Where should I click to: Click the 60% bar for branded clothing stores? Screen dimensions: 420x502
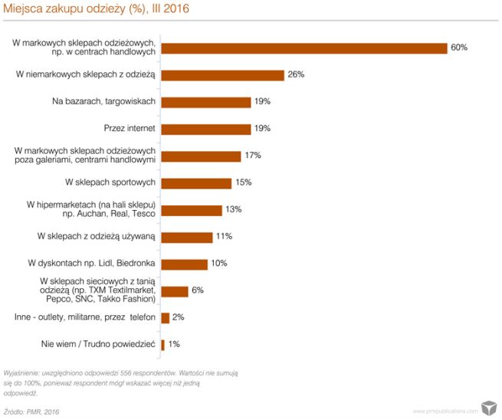[304, 48]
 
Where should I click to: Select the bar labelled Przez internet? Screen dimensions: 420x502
[206, 129]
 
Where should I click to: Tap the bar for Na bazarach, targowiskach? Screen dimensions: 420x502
[206, 102]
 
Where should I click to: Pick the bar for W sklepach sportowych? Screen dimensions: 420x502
[196, 183]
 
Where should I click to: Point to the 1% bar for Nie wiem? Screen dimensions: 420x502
[163, 345]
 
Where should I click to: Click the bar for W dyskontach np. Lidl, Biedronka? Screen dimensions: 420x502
[185, 264]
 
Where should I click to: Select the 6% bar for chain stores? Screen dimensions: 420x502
[175, 291]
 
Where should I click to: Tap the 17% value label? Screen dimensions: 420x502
[253, 156]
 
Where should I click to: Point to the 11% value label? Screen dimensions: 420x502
[224, 237]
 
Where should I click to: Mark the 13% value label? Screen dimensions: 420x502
[233, 210]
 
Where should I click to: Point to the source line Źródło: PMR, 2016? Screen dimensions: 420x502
[31, 412]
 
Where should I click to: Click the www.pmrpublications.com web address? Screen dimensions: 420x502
[445, 412]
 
